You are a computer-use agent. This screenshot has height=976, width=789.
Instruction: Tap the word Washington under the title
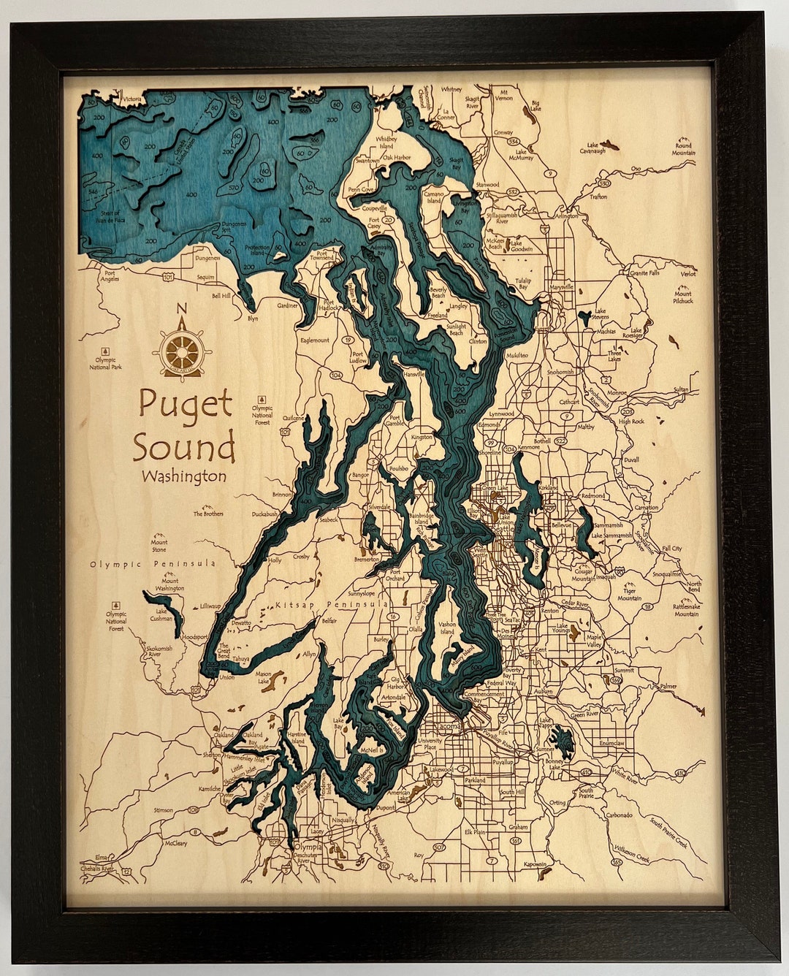tap(184, 476)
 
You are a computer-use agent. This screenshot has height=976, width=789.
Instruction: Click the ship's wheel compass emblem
tap(182, 351)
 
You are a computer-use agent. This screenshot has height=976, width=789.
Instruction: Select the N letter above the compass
tap(182, 308)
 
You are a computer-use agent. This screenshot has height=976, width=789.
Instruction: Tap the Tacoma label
tap(447, 727)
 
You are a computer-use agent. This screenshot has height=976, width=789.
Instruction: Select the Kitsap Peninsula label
tap(331, 606)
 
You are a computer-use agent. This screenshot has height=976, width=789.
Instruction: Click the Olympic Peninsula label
tap(153, 563)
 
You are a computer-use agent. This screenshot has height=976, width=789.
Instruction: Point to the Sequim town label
tap(205, 278)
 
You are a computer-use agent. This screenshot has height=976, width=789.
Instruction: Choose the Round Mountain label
tap(683, 149)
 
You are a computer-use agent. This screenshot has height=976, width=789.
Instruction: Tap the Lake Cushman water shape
tap(158, 603)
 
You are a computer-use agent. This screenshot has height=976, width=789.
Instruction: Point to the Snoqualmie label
tap(666, 574)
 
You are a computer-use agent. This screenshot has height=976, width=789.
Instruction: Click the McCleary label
tap(175, 843)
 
